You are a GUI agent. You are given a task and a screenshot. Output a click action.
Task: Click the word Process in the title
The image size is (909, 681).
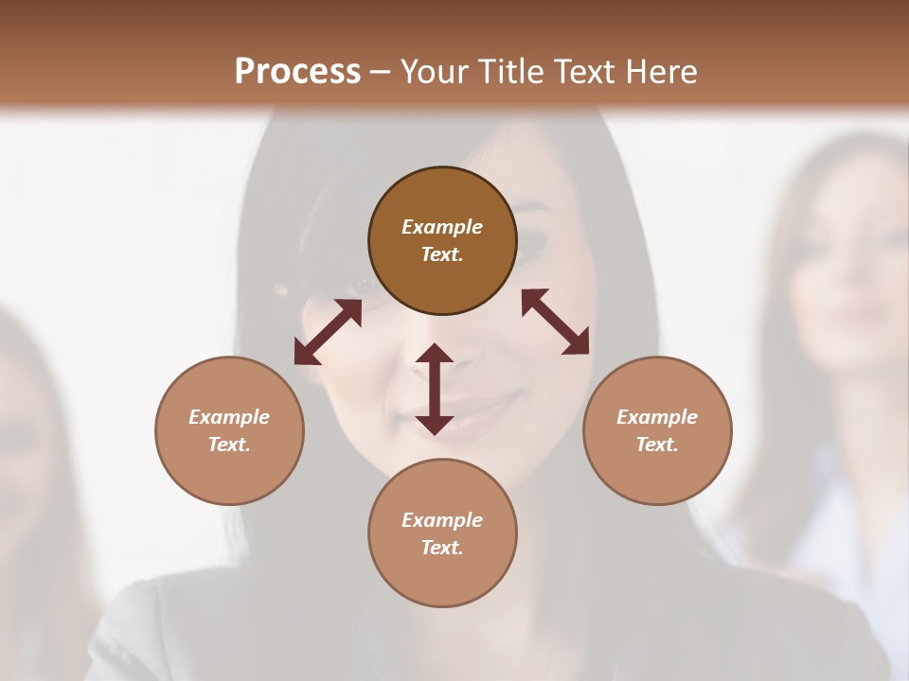297,72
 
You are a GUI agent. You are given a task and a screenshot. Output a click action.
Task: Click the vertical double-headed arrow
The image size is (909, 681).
435,390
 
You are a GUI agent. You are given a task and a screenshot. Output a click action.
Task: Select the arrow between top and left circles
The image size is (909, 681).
328,332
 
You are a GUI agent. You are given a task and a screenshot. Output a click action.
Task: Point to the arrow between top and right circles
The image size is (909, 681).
555,322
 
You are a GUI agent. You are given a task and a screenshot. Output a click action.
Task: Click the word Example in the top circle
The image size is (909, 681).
442,227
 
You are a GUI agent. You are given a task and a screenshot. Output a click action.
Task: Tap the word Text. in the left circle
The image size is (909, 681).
229,445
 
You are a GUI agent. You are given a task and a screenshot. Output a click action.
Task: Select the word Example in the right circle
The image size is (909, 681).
657,417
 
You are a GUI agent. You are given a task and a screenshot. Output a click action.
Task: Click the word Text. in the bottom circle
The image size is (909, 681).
442,548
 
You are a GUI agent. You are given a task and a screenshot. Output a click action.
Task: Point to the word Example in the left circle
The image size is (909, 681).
229,417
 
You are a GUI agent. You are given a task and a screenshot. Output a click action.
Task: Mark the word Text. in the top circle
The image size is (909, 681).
442,254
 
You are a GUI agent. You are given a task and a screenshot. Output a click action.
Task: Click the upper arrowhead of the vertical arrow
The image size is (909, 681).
435,356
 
